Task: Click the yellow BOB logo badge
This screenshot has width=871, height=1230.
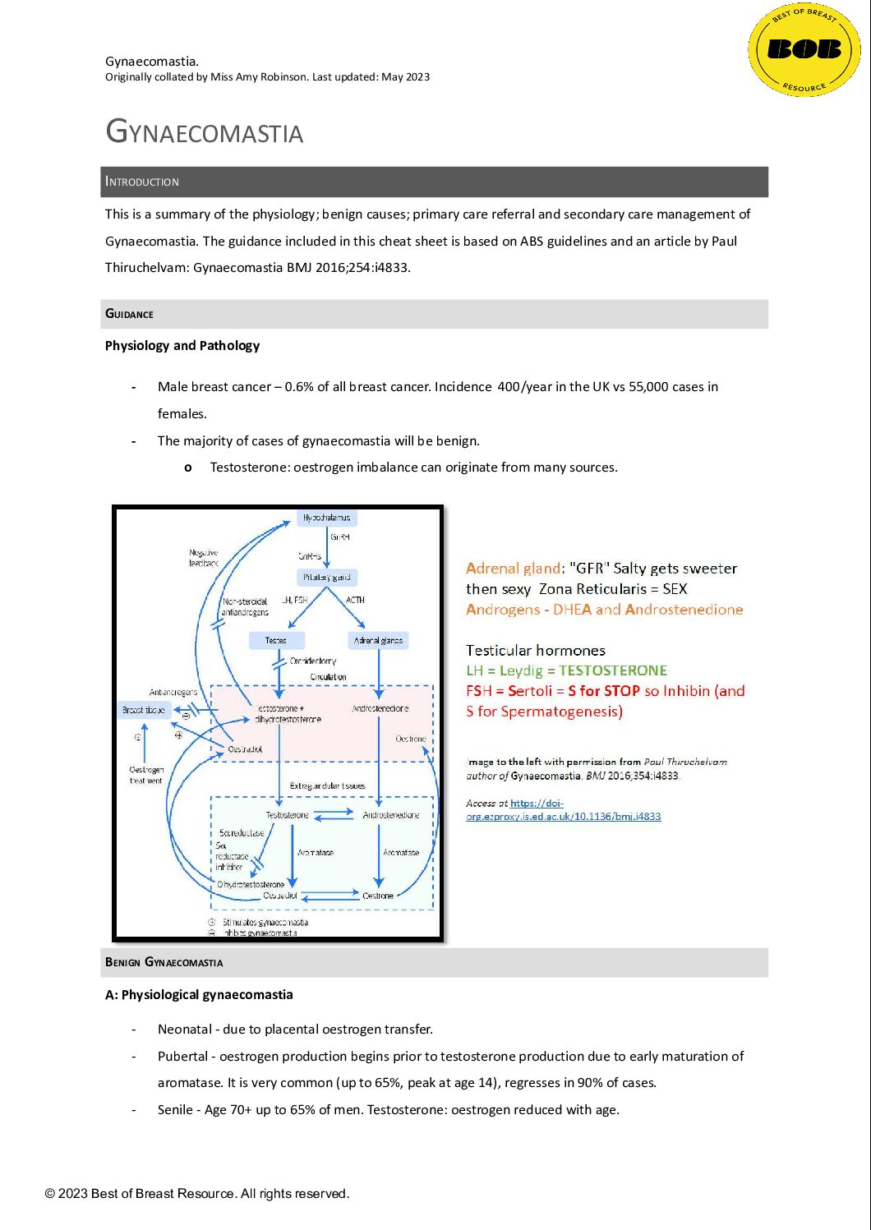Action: (804, 50)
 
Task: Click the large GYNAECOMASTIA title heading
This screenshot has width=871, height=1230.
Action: (205, 132)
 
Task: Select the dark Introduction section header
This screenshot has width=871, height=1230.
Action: (434, 182)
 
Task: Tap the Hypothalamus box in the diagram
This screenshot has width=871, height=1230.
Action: (326, 518)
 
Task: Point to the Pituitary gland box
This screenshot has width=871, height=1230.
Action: (326, 578)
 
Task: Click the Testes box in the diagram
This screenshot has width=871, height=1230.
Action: (276, 640)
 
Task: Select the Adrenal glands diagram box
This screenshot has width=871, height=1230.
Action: (378, 640)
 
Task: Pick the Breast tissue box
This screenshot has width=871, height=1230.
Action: (144, 710)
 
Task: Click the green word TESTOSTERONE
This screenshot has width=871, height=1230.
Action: (613, 670)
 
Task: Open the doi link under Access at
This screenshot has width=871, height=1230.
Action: (563, 810)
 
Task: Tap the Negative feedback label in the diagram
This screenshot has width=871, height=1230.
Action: (204, 558)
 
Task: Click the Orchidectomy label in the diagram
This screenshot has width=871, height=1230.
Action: (312, 661)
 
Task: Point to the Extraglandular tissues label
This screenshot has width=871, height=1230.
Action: (327, 786)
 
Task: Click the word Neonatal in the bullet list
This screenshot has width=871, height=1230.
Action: (185, 1029)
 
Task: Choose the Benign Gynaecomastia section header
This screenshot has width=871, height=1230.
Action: (164, 962)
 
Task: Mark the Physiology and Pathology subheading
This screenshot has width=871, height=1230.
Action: (182, 345)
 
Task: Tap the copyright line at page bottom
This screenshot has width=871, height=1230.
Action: (197, 1193)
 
